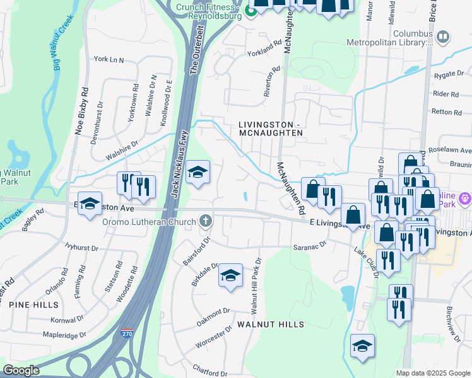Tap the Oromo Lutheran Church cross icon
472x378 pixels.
coord(204,221)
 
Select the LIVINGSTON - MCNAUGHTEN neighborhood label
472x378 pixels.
coord(271,129)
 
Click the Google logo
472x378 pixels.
coord(21,370)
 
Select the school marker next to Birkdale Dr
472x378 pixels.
coord(231,276)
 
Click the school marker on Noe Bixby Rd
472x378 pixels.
coord(90,204)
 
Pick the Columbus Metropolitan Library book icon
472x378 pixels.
coord(443,38)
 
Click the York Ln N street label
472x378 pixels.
coord(109,59)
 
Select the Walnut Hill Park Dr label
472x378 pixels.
coord(256,286)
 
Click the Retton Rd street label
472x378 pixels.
coord(448,112)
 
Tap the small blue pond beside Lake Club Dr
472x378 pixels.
coord(346,294)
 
